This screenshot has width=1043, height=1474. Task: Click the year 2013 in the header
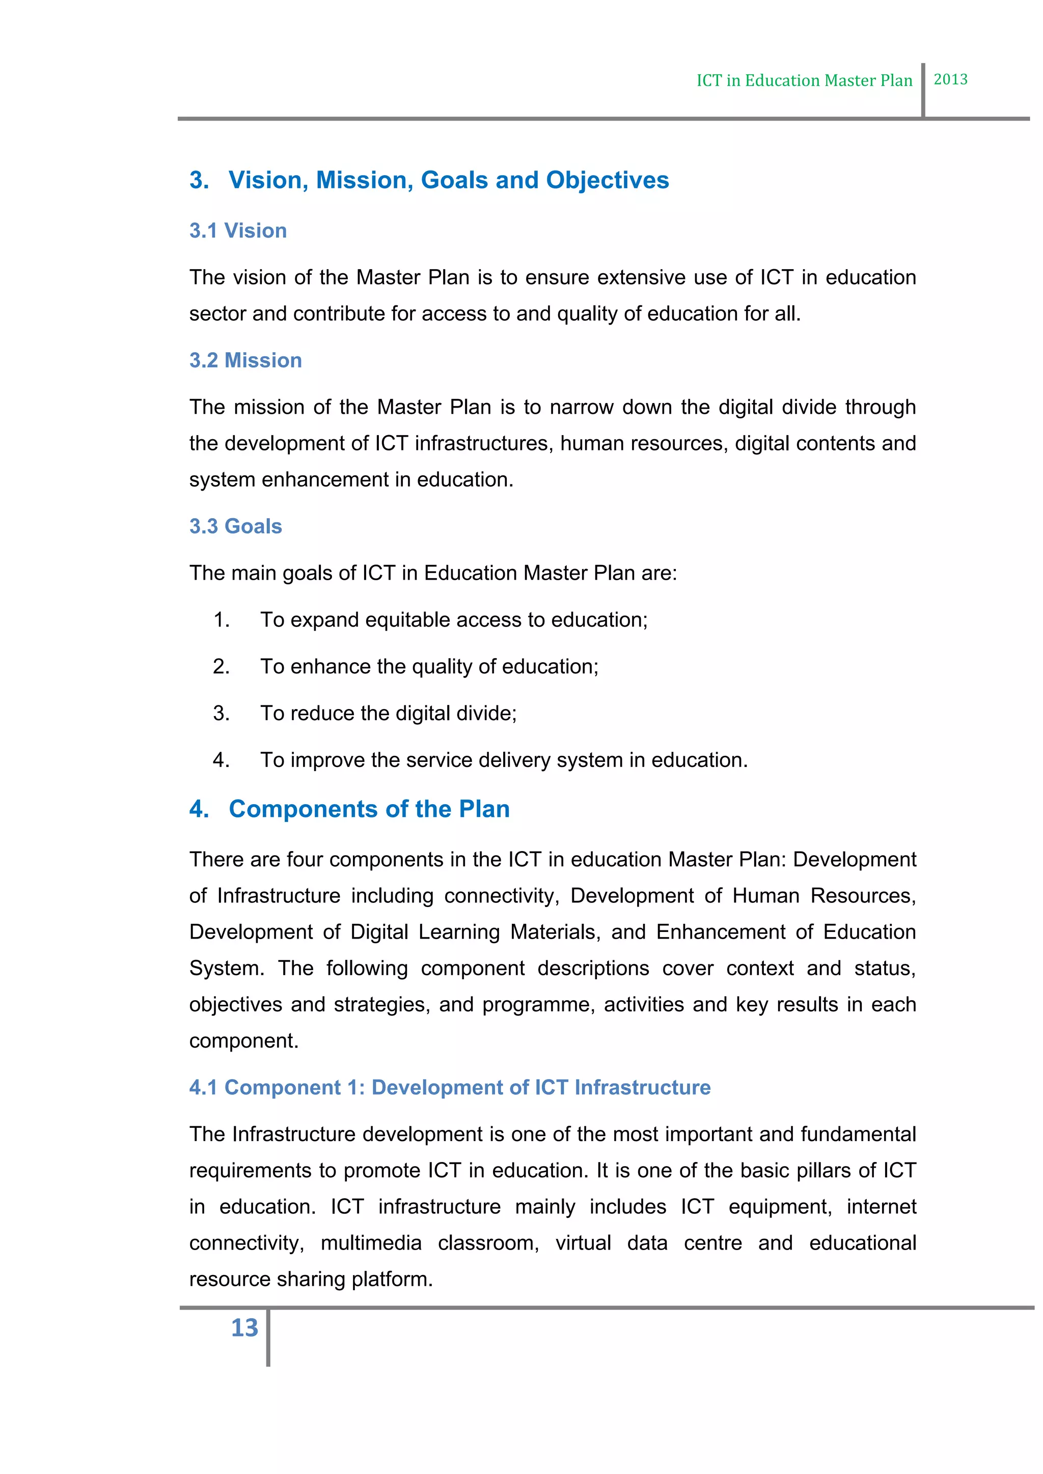coord(950,79)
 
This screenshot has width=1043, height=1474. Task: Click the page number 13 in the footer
coord(244,1327)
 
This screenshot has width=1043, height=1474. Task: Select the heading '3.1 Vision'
coord(238,231)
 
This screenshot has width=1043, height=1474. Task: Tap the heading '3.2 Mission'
coord(245,360)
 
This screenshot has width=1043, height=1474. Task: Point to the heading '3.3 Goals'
coord(235,526)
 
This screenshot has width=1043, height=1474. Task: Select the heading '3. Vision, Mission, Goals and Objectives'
coord(429,180)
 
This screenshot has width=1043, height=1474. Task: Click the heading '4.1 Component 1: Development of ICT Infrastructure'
coord(450,1088)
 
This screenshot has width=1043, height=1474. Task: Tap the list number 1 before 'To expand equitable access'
coord(221,620)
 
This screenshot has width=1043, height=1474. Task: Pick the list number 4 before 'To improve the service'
coord(221,760)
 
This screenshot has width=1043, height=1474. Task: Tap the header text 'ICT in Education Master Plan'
coord(804,80)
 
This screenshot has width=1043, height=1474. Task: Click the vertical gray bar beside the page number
coord(268,1337)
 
